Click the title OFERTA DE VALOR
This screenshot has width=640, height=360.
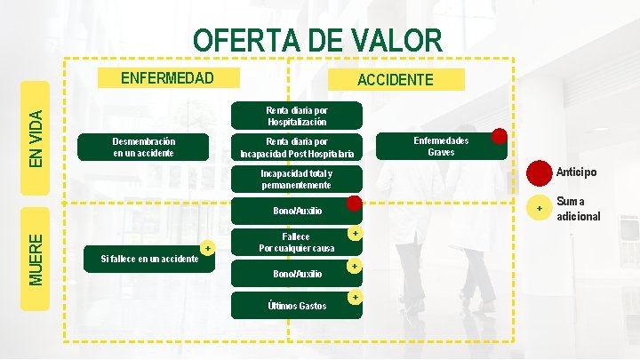[x=317, y=40]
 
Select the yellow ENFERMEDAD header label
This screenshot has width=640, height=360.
[x=167, y=77]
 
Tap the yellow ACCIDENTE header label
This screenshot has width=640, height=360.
[x=396, y=79]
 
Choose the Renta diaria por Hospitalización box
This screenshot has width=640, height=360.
[x=297, y=116]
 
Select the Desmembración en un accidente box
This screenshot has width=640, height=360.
[x=144, y=148]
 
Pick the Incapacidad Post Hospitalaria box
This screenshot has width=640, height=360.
[x=297, y=148]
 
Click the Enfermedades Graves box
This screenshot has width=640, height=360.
[x=442, y=147]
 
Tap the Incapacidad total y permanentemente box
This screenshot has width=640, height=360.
[x=297, y=179]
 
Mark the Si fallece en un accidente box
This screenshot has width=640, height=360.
[x=149, y=258]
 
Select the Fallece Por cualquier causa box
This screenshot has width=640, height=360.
[x=296, y=242]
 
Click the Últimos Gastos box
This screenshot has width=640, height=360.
[x=297, y=306]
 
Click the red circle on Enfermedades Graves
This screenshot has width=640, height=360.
[x=500, y=136]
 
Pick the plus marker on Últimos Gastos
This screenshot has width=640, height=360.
[x=355, y=296]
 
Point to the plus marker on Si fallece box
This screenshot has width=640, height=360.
[x=207, y=248]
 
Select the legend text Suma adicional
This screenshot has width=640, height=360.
[x=578, y=209]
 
